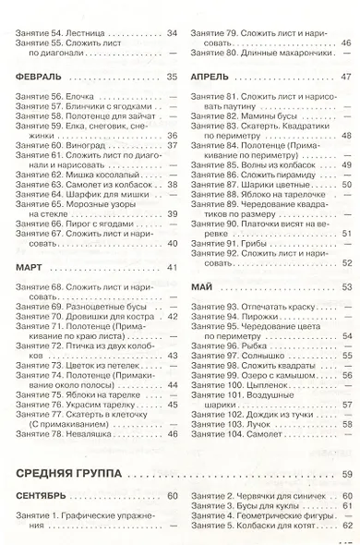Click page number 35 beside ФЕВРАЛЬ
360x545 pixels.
point(172,77)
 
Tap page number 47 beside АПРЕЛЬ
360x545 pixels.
point(346,77)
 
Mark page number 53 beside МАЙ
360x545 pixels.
point(346,287)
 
